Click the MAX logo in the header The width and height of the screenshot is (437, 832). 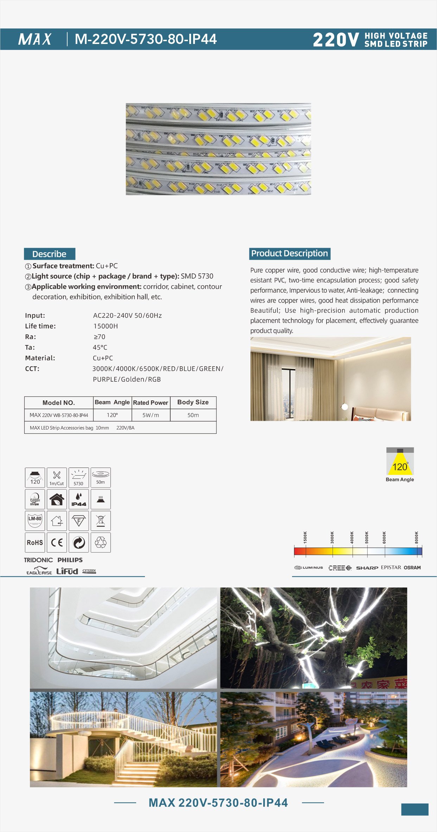35,39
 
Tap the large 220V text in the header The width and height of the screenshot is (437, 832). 336,40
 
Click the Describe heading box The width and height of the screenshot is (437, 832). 50,254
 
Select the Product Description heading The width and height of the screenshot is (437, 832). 290,254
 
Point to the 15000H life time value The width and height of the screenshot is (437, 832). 106,326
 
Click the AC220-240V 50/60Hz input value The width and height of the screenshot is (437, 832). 127,316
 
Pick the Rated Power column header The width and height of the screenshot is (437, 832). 151,403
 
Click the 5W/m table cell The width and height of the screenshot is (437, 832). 151,415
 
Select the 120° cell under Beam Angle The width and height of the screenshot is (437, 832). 112,415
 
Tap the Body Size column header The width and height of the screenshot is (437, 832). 193,402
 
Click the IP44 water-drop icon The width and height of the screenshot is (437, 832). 79,499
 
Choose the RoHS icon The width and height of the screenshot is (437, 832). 35,542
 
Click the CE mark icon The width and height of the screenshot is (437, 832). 57,542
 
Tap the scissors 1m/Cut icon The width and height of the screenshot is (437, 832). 57,477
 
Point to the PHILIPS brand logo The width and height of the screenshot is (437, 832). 70,560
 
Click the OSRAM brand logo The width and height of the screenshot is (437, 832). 412,567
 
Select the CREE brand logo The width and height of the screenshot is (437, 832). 340,568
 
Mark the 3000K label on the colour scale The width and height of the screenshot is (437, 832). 332,538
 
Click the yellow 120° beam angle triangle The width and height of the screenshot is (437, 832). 400,465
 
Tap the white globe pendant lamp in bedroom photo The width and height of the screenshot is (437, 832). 345,407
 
